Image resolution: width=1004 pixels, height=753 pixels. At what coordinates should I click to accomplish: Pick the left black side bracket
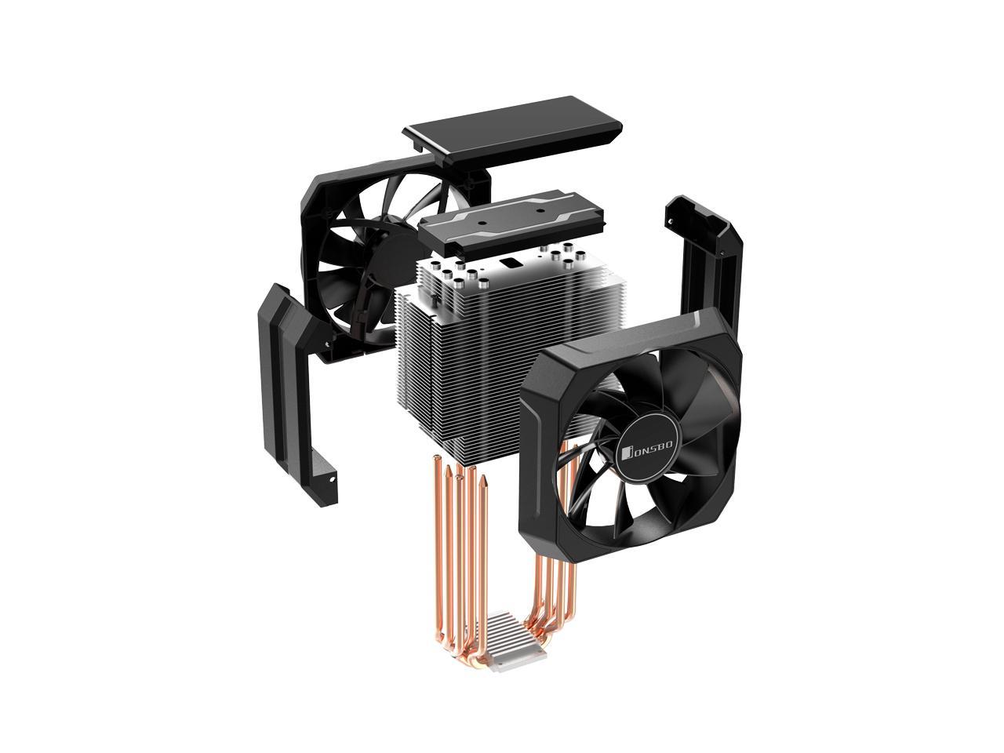coord(296,394)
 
